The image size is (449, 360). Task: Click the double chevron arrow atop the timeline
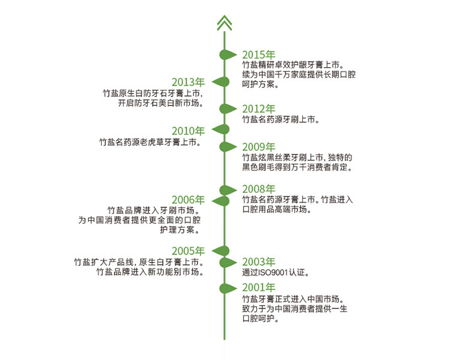coord(224,23)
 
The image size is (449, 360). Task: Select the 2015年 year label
coord(259,55)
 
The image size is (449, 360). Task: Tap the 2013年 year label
coord(189,82)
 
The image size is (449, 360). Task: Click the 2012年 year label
coord(259,109)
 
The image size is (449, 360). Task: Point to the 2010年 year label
coord(189,131)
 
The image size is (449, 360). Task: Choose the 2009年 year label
coord(259,147)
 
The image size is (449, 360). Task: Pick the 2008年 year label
coord(259,189)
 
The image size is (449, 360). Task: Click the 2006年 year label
coord(189,200)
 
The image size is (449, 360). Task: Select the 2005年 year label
coord(189,251)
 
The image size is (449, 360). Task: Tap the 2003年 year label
coord(259,262)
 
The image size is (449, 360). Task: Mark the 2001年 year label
coord(259,287)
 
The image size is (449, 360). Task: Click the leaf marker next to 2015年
coord(228,55)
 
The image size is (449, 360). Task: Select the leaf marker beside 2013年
coord(220,82)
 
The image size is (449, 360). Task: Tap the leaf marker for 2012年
coord(228,109)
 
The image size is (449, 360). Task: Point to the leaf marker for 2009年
coord(228,147)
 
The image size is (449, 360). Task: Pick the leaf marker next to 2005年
coord(220,251)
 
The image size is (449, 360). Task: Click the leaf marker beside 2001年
coord(228,288)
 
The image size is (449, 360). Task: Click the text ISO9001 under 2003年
coord(273,273)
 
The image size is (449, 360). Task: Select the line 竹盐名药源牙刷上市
coord(281,120)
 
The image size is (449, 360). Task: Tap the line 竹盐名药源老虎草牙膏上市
coord(150,142)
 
